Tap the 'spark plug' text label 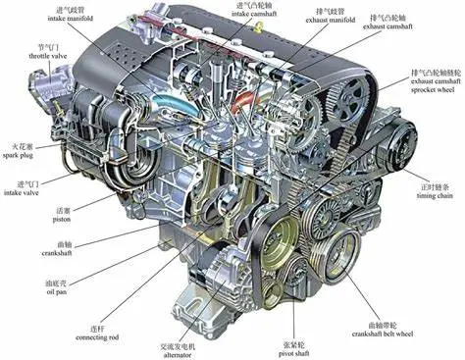point(25,157)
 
